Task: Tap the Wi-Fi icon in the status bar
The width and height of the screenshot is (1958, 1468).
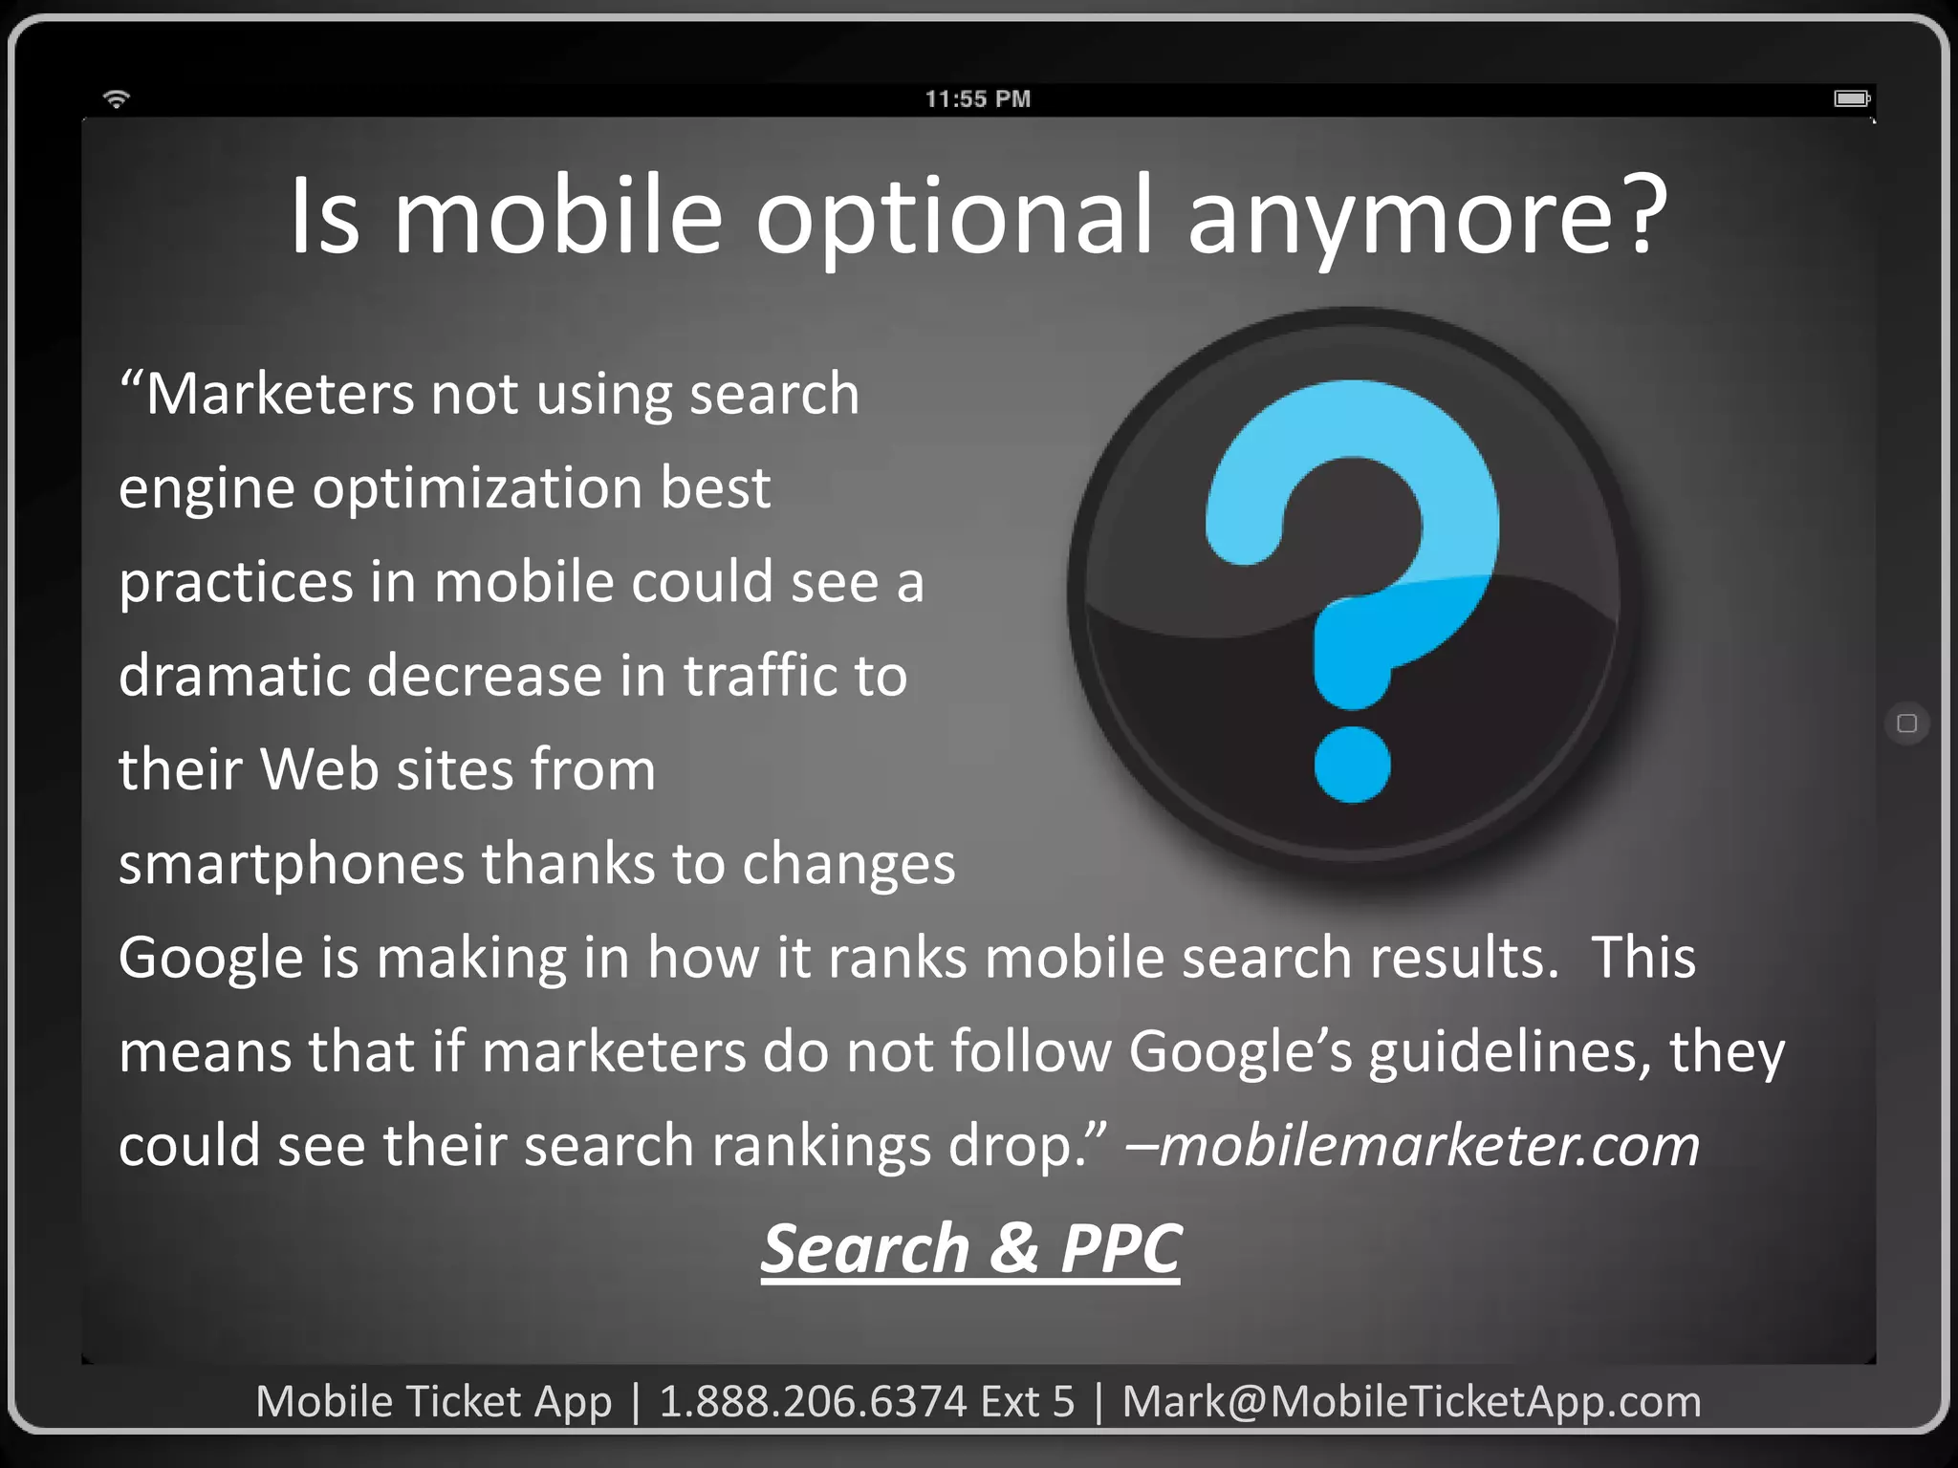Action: (x=117, y=98)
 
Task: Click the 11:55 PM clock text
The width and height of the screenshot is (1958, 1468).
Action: (x=977, y=99)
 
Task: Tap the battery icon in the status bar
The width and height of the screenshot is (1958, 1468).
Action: (x=1852, y=98)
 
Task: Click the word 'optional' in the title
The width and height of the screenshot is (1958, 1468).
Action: (x=954, y=217)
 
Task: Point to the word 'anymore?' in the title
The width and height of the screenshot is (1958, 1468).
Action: (x=1427, y=217)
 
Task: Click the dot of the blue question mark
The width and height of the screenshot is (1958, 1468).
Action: (x=1352, y=765)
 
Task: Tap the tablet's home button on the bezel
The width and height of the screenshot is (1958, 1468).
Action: (x=1906, y=723)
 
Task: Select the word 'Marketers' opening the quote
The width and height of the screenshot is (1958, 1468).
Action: (x=279, y=394)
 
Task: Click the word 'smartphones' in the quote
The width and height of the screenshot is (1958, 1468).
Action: (x=291, y=864)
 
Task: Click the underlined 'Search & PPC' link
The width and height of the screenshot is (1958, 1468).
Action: (x=970, y=1249)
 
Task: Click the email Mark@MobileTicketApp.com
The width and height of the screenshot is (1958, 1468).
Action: (x=1411, y=1402)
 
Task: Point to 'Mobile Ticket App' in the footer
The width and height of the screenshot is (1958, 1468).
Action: (x=433, y=1402)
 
